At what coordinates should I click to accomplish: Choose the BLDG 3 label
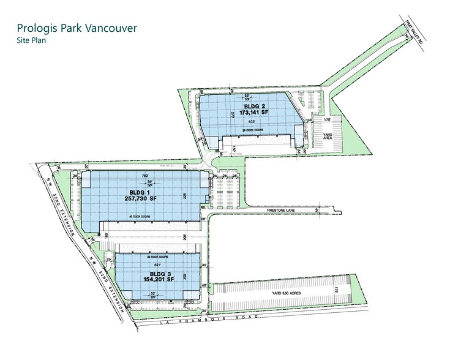159,272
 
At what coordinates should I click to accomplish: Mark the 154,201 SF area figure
159,280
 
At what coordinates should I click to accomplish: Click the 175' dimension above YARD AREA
327,120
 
